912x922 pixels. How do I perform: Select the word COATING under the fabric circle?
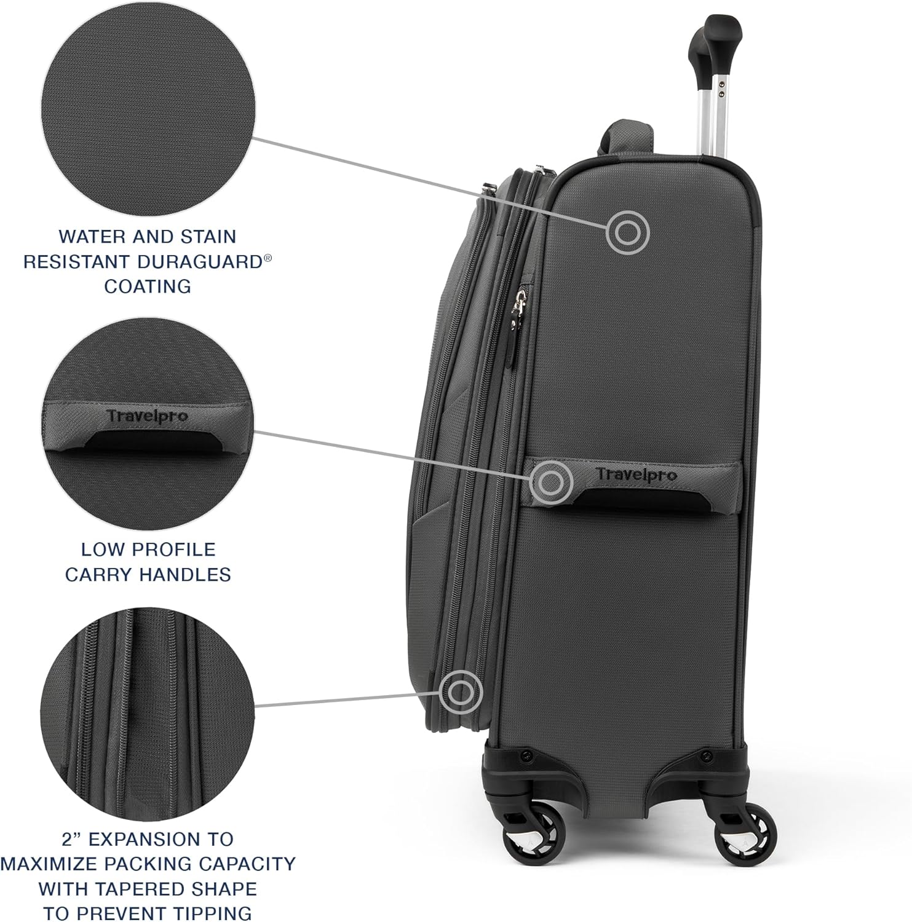148,286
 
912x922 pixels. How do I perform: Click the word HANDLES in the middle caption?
185,575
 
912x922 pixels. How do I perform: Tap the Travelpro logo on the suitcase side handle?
627,475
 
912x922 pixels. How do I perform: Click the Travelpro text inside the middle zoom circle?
148,416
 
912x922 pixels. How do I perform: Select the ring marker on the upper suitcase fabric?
628,232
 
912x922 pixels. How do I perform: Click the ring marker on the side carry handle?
552,480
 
